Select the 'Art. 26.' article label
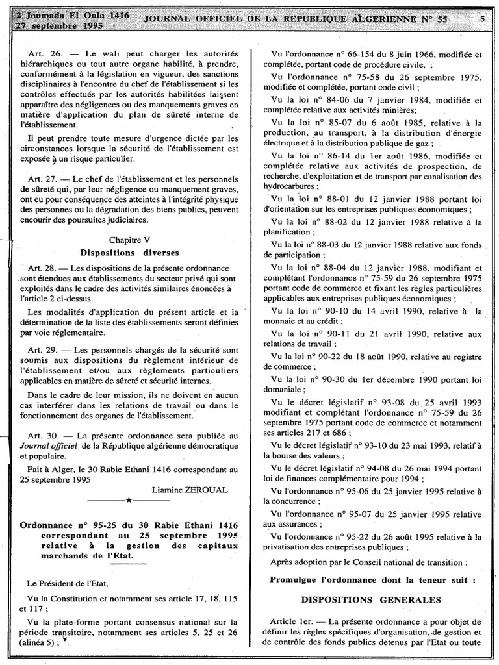[x=45, y=53]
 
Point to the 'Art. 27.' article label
[x=45, y=179]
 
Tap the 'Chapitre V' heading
[x=129, y=240]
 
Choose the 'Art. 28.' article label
[x=44, y=268]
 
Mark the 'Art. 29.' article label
[x=45, y=349]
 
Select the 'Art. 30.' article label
[x=45, y=434]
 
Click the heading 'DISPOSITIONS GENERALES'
[x=370, y=599]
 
